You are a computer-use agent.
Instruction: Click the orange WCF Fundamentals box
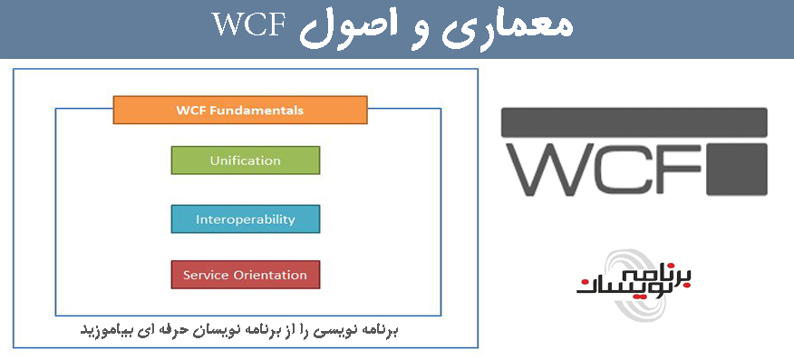click(240, 110)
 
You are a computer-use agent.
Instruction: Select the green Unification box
click(245, 161)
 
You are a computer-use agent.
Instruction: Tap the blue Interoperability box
click(245, 219)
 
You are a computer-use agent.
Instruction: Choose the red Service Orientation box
click(245, 275)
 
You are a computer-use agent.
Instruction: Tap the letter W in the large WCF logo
click(556, 170)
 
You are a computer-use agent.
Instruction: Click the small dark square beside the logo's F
click(737, 170)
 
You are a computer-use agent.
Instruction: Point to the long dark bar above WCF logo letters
click(634, 122)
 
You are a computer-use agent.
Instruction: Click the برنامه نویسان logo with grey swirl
click(635, 284)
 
